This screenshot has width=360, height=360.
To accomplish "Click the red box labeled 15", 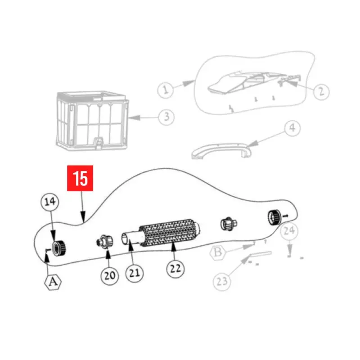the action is pyautogui.click(x=80, y=178).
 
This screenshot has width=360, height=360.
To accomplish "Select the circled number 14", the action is pyautogui.click(x=49, y=202).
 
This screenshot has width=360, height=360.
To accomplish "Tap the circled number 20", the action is pyautogui.click(x=110, y=275).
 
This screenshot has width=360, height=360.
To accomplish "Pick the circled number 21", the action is pyautogui.click(x=134, y=273).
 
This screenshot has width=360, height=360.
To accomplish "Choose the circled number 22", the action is pyautogui.click(x=175, y=269).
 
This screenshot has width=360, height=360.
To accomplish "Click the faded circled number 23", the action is pyautogui.click(x=222, y=282).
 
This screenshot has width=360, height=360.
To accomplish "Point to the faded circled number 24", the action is pyautogui.click(x=289, y=231).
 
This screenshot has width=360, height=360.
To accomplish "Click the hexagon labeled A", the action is pyautogui.click(x=53, y=282).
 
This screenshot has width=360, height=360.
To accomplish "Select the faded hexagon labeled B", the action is pyautogui.click(x=218, y=252).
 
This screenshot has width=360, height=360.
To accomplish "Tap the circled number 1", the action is pyautogui.click(x=166, y=90).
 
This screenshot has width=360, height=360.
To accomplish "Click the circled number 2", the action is pyautogui.click(x=321, y=92).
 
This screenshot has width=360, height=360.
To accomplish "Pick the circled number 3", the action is pyautogui.click(x=166, y=117).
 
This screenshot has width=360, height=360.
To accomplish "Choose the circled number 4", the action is pyautogui.click(x=292, y=128).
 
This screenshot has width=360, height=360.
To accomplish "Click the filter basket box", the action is pyautogui.click(x=92, y=121).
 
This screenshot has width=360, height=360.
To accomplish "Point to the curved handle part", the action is pyautogui.click(x=221, y=150).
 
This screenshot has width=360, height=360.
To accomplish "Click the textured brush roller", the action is pyautogui.click(x=170, y=233).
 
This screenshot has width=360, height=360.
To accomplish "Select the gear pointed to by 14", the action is pyautogui.click(x=58, y=248).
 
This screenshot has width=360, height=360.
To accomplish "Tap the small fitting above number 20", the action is pyautogui.click(x=105, y=242).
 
